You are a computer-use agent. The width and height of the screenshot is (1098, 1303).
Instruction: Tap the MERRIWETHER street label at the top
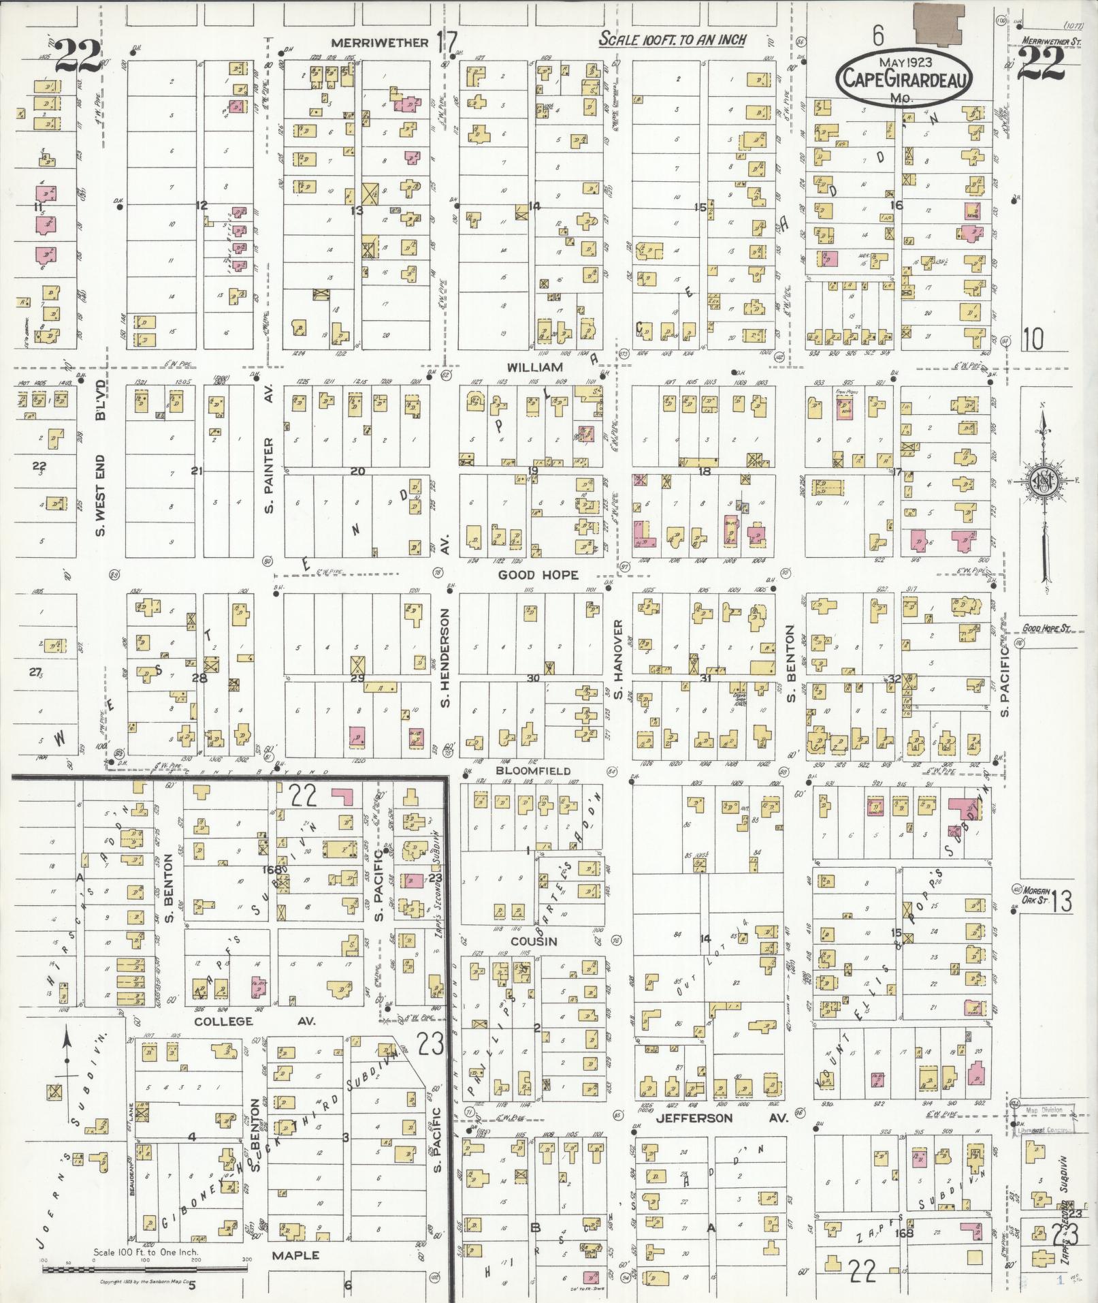click(379, 43)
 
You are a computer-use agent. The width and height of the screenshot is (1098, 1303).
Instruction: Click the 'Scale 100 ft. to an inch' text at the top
click(672, 40)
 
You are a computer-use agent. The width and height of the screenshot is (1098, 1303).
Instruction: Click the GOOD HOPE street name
click(538, 575)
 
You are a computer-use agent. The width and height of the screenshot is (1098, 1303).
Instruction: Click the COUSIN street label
click(534, 941)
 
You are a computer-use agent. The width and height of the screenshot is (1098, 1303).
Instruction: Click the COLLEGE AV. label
click(223, 1022)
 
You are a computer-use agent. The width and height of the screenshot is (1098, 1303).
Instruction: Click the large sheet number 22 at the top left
click(77, 56)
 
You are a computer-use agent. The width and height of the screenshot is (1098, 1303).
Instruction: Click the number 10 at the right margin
click(1033, 339)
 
